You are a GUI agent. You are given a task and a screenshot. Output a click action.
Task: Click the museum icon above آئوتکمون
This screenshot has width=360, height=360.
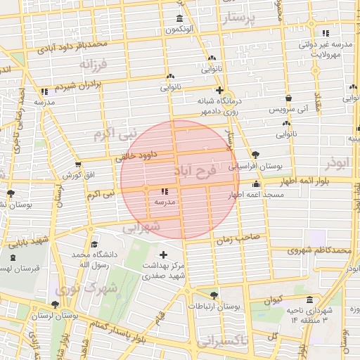(180, 18)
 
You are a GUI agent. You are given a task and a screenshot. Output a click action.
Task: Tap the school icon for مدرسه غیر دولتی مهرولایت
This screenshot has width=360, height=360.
(324, 34)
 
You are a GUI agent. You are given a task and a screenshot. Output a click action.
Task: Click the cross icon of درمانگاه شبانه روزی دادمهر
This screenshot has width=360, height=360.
(220, 90)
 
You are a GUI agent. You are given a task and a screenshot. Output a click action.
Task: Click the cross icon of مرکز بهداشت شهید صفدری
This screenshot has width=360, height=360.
(164, 255)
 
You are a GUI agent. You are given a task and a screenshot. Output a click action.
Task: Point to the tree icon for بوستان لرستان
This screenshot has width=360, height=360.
(55, 304)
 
